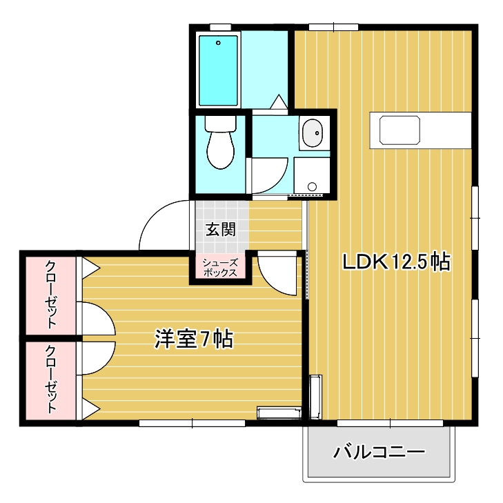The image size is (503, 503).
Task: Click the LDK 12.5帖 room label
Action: coord(397,262)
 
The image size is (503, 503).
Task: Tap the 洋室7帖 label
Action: coord(194,339)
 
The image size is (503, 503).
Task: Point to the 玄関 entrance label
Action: coord(221,229)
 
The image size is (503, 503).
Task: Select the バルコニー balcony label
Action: coord(379,452)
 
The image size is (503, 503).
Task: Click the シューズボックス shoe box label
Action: coord(220,268)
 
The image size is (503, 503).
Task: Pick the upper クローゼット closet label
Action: coord(50,295)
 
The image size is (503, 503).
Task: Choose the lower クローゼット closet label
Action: coord(50,379)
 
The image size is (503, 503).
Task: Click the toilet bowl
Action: coord(220,150)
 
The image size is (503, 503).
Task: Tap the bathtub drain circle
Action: coord(218,43)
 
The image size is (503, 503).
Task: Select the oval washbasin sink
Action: coord(312,133)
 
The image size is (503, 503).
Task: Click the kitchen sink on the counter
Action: coord(400,130)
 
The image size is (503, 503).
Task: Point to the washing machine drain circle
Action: coord(312,186)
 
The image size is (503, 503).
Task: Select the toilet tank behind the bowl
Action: coord(221,124)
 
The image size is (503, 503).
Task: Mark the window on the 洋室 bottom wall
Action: coord(192,423)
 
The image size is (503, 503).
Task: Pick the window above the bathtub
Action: coord(220,28)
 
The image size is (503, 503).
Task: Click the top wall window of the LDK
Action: coord(334,28)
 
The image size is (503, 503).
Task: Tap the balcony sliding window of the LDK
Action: coord(390,423)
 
